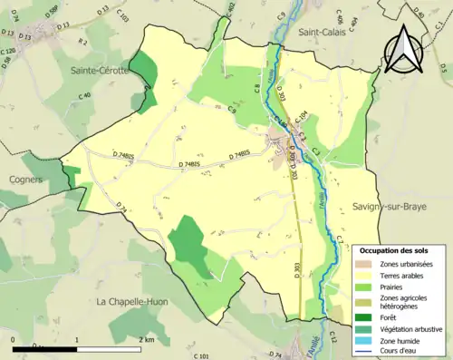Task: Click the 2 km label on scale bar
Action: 149,339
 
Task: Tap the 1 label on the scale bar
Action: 76,339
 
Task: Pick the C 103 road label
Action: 122,18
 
